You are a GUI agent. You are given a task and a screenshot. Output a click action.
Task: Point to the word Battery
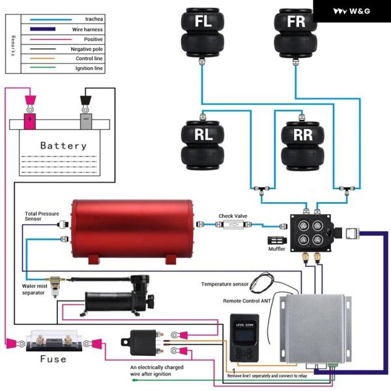[x=63, y=145]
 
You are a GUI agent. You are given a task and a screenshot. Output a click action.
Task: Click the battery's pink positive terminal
[x=30, y=121]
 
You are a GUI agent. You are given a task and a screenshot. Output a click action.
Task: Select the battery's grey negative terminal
[x=85, y=121]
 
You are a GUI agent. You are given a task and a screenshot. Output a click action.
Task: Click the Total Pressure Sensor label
[x=41, y=216]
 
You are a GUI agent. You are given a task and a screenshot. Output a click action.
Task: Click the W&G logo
[x=352, y=11]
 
